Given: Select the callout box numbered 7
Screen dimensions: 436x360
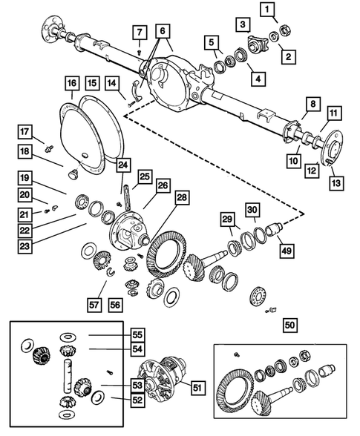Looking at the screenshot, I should (x=140, y=32).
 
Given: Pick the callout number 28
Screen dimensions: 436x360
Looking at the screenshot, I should (x=180, y=199).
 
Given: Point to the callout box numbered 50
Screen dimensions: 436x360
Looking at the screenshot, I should (x=289, y=323).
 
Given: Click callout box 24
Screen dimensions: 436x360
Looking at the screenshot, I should (x=122, y=165).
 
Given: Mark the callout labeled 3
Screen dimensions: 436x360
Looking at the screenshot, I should (x=242, y=26).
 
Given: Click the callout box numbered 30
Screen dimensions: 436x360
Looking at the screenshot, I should (x=252, y=210).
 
